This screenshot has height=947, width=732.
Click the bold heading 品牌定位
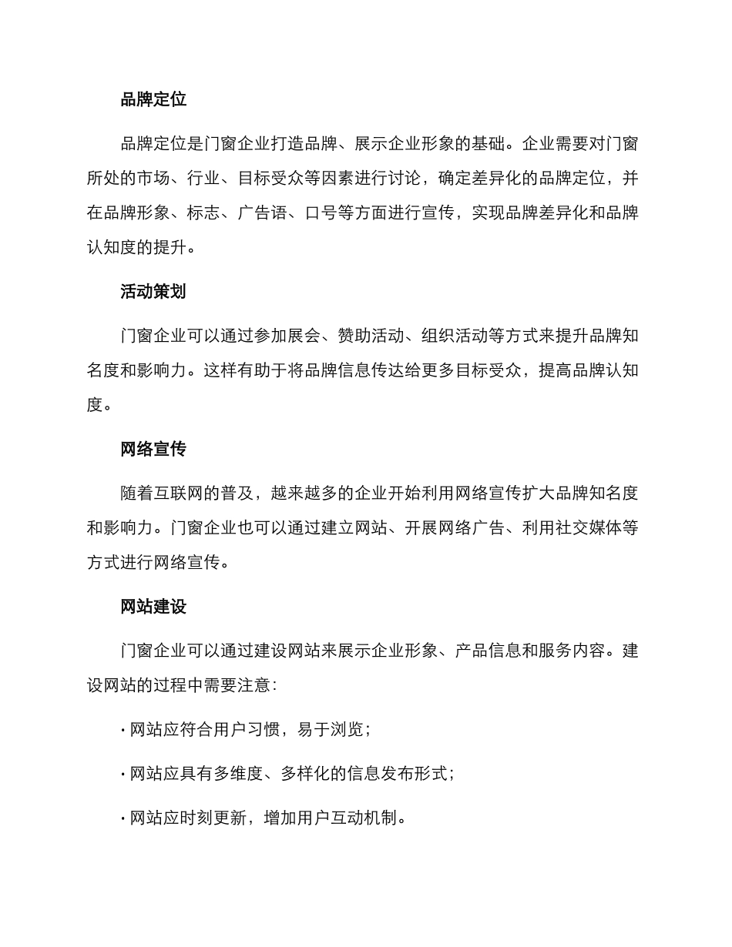153,99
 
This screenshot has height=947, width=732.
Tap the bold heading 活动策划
153,292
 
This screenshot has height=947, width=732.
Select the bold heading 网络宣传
153,449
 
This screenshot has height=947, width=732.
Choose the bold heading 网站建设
153,607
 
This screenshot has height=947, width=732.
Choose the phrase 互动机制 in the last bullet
362,818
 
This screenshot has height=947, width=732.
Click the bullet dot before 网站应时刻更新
123,818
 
